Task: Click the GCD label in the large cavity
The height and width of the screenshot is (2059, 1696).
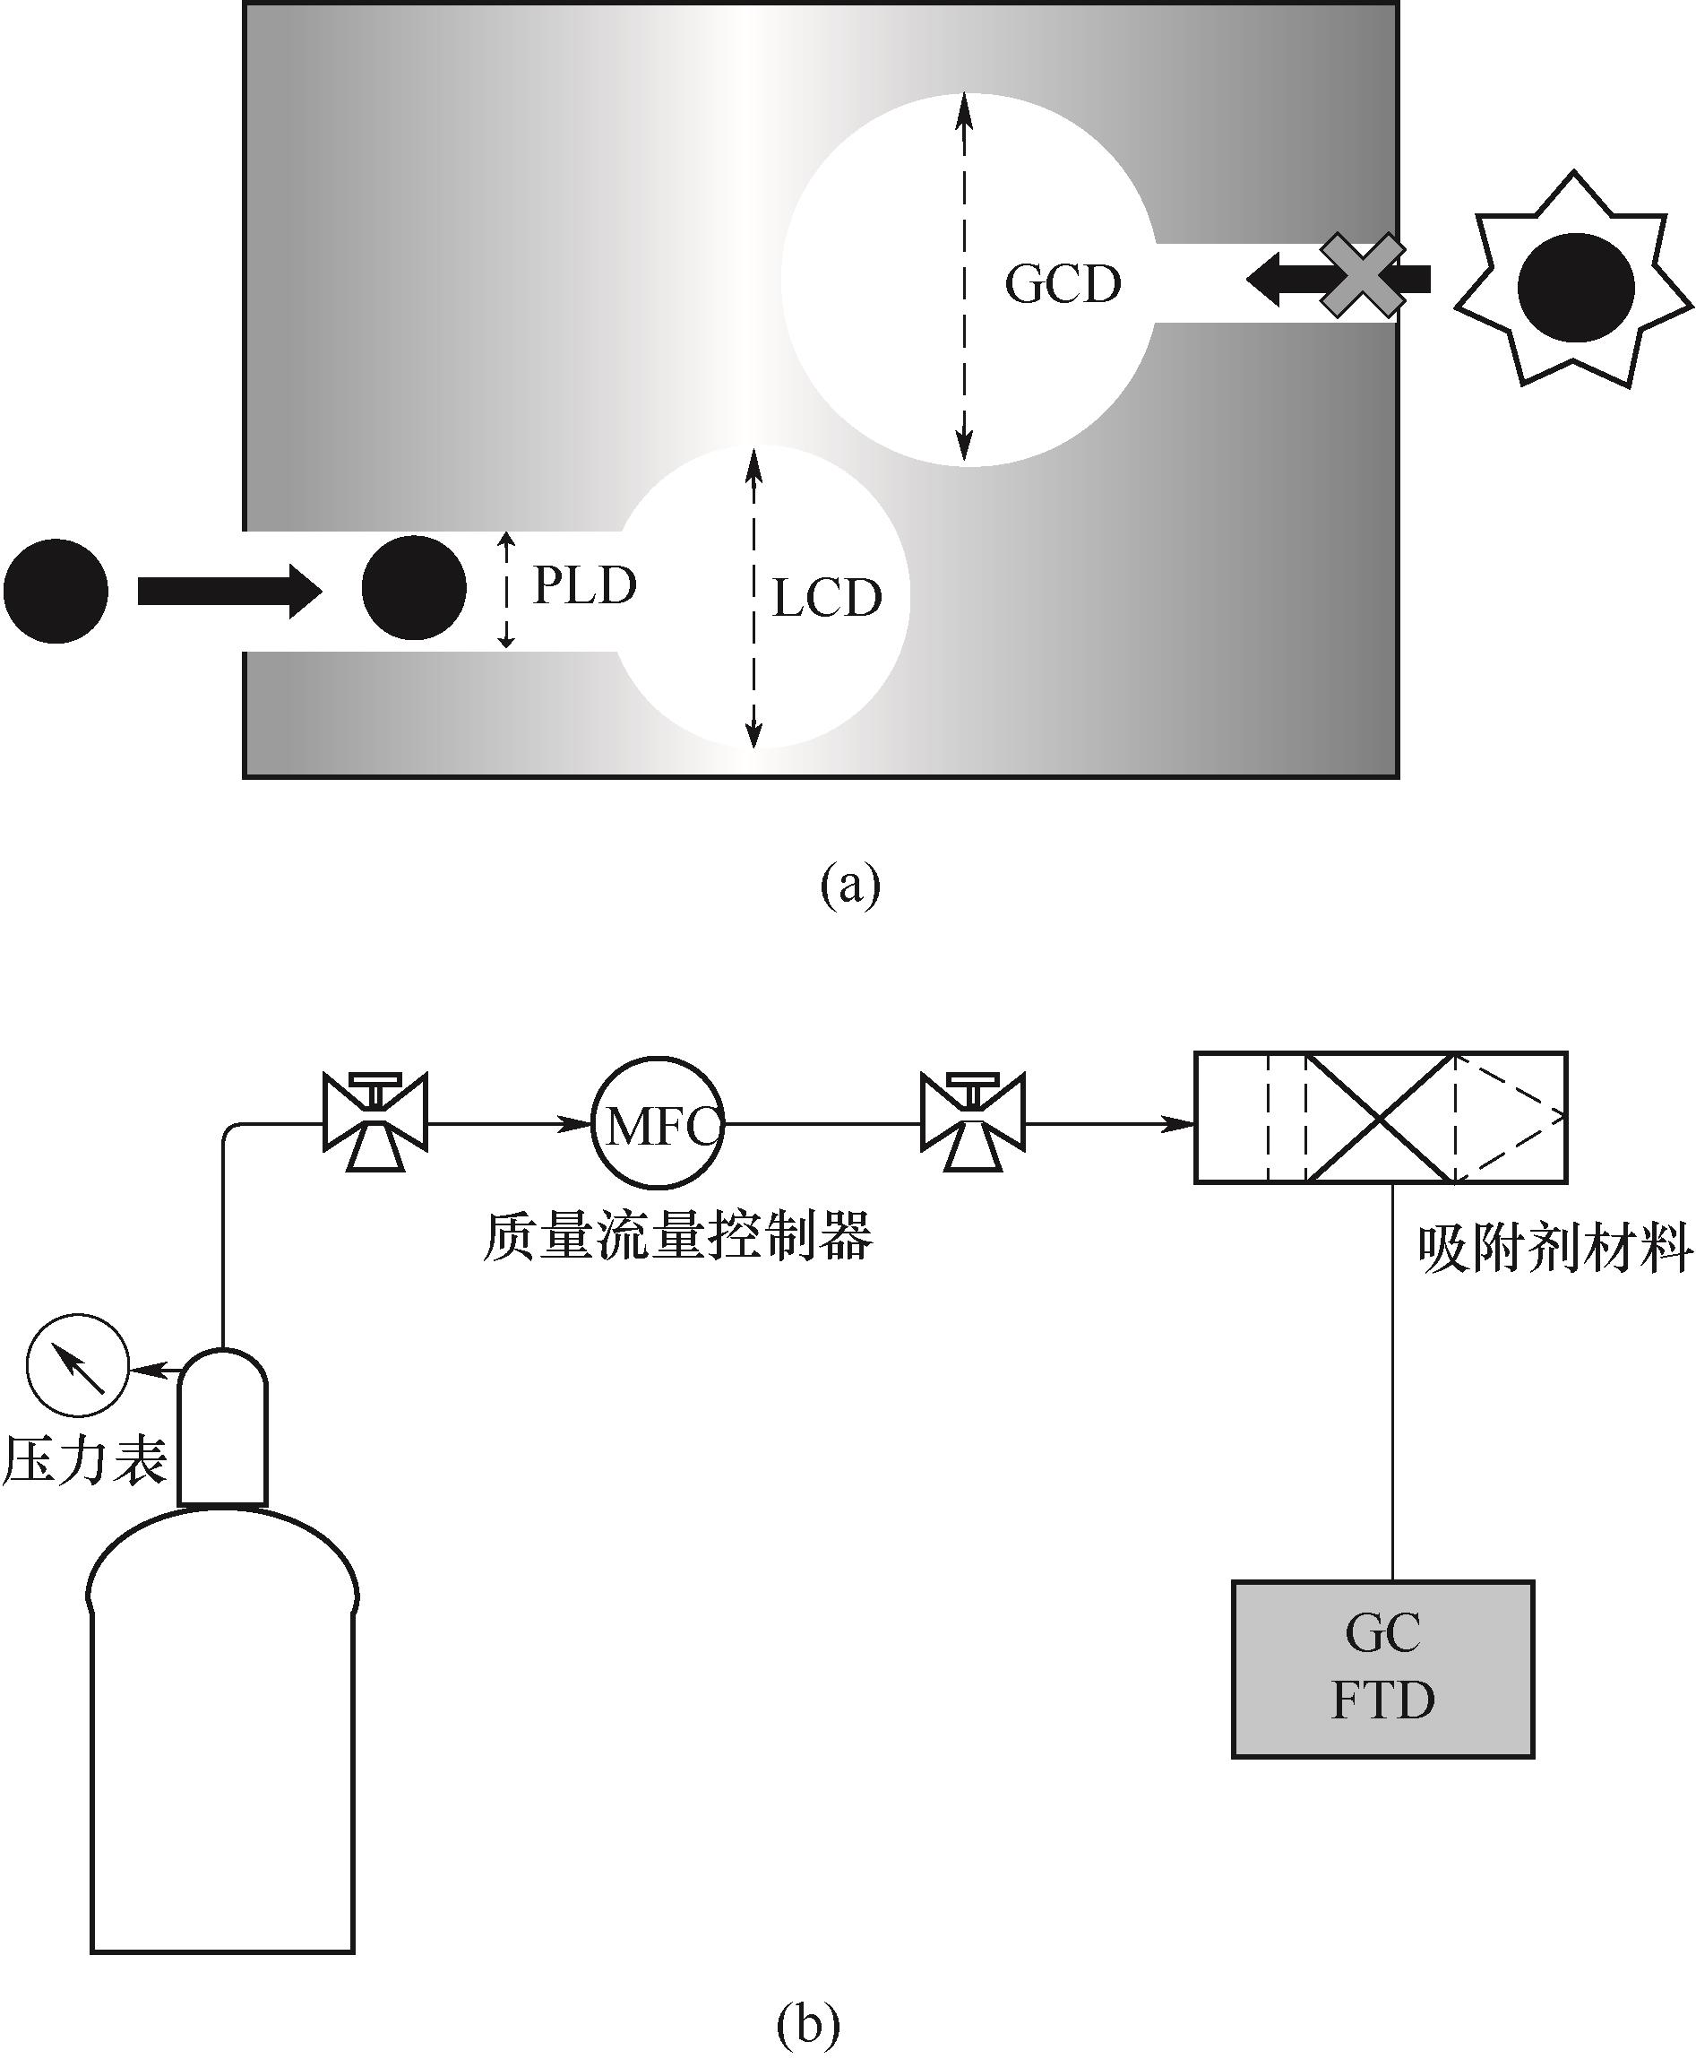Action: click(x=1063, y=284)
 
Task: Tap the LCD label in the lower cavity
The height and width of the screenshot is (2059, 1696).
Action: click(x=827, y=598)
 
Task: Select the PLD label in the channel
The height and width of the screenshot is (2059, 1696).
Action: click(x=584, y=585)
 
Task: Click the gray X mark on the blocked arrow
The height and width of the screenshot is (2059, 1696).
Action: click(x=1363, y=275)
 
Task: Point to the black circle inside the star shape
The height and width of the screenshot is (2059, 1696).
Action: click(x=1576, y=288)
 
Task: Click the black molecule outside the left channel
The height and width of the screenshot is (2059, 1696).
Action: click(x=56, y=590)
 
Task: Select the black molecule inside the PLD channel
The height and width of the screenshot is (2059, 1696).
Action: click(x=414, y=588)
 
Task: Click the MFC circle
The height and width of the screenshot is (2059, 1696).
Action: click(x=658, y=1123)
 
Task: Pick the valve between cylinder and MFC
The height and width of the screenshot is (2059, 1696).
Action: click(x=375, y=1123)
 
